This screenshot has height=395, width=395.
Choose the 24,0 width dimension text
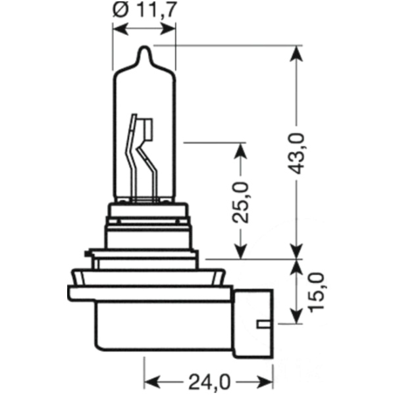click(208, 382)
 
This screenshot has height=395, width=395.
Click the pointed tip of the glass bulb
click(145, 47)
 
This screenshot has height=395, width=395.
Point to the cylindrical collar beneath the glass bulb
click(146, 227)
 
